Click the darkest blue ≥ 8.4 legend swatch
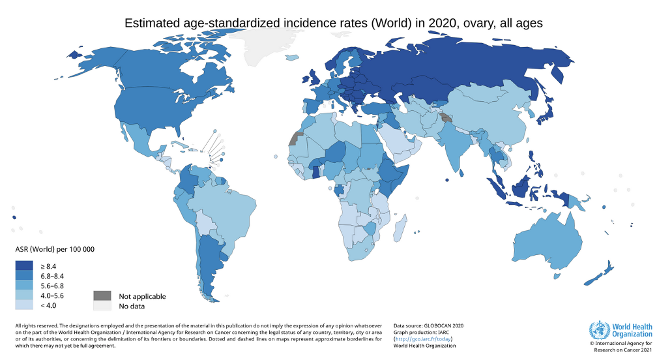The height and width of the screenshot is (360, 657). click(25, 266)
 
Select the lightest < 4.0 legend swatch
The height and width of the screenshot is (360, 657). click(25, 305)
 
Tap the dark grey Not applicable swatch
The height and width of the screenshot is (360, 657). click(102, 296)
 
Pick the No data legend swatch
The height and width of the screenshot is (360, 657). click(102, 305)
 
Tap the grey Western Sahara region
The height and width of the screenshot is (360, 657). click(297, 138)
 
